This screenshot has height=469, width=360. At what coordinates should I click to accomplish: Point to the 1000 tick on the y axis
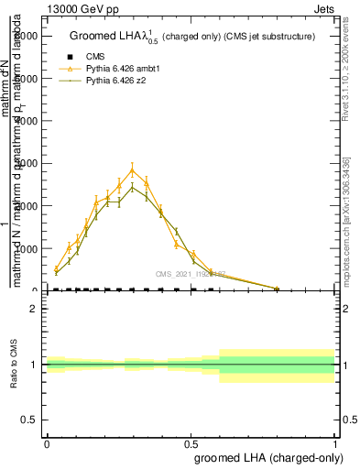point(37,248)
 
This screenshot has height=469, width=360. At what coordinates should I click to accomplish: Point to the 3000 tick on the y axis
point(37,163)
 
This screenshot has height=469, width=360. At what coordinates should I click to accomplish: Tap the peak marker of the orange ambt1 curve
point(133,169)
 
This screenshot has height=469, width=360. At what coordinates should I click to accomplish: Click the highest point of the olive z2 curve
point(133,187)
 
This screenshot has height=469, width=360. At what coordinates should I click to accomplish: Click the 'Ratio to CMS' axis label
point(14,364)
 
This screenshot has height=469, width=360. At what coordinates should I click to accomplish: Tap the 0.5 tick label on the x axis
point(191,444)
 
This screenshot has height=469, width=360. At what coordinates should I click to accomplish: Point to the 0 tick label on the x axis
point(47,444)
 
